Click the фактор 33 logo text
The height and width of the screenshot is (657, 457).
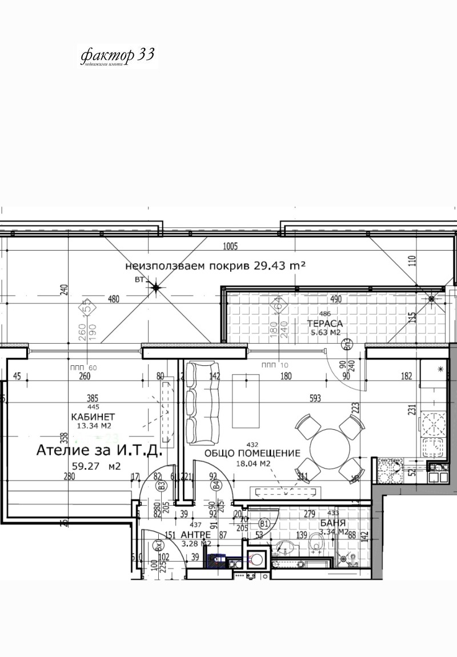click(x=117, y=55)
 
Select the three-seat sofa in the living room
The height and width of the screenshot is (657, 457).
click(x=203, y=403)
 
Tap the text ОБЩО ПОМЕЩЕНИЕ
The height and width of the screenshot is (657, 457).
click(x=252, y=453)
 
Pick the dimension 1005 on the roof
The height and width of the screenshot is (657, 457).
click(x=230, y=247)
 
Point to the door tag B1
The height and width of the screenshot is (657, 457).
click(x=264, y=523)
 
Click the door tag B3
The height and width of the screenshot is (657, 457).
click(x=162, y=486)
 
